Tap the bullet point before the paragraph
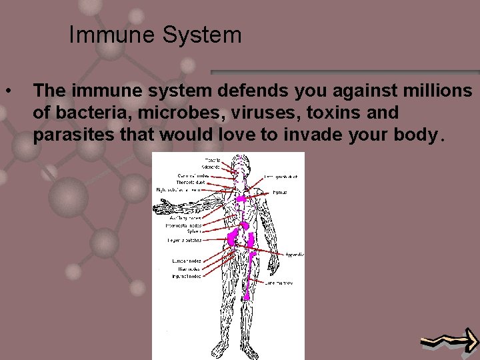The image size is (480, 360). [8, 89]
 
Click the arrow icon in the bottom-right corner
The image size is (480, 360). [449, 342]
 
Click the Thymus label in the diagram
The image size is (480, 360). [280, 192]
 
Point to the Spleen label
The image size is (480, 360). [195, 231]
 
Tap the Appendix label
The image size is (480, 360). [295, 254]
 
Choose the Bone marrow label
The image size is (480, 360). [279, 283]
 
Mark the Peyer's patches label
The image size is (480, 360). [185, 239]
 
